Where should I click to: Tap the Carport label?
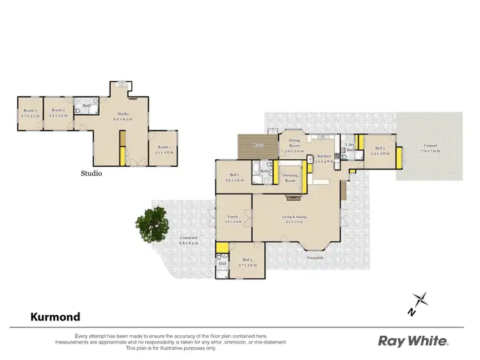tap(430, 146)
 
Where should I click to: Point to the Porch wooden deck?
tap(257, 147)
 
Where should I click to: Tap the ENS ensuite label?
tap(223, 263)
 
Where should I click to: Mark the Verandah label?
tap(314, 257)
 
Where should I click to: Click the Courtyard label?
tap(188, 239)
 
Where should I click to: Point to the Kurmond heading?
tap(56, 317)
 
